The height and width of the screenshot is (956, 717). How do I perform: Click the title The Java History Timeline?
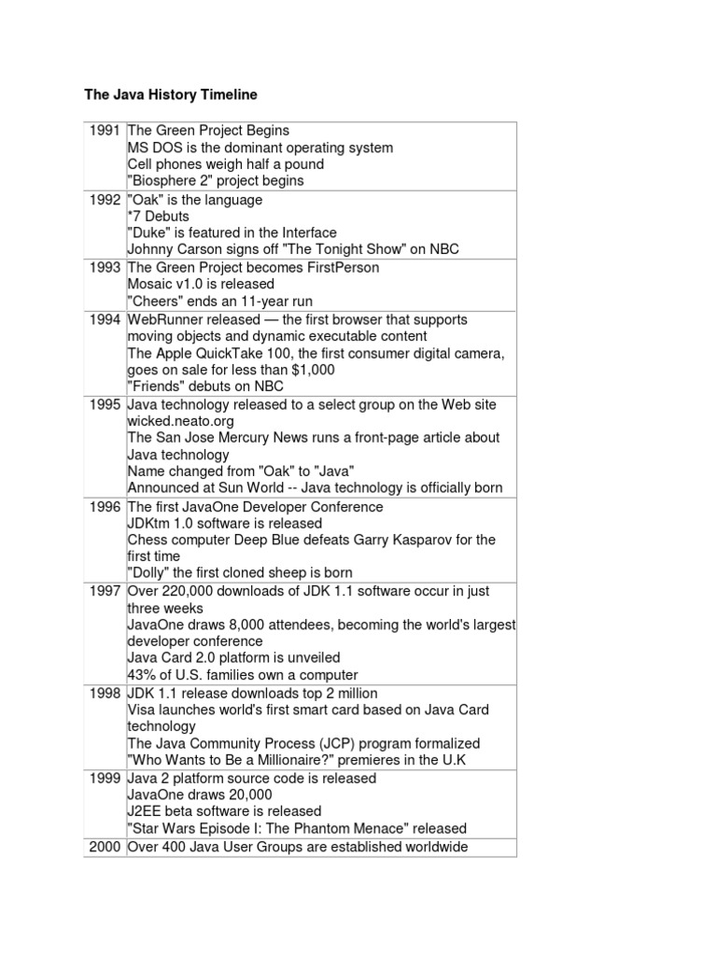[x=171, y=95]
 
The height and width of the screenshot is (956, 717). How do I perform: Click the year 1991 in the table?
[x=105, y=131]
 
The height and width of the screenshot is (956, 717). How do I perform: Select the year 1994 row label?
[x=105, y=319]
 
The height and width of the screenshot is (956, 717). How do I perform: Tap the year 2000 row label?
[x=105, y=847]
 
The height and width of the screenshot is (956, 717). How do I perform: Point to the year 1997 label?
[x=105, y=591]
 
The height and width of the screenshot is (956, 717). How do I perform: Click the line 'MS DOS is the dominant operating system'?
[x=260, y=148]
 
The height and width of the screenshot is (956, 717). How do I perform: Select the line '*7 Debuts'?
[x=158, y=217]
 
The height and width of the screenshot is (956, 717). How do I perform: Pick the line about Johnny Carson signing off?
[x=293, y=249]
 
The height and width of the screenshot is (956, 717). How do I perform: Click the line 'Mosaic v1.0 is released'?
[x=201, y=284]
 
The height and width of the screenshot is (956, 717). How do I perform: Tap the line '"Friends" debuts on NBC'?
[x=205, y=387]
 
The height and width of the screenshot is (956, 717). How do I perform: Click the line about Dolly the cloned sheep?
[x=240, y=572]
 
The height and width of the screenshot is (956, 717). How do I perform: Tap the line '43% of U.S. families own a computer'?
[x=243, y=675]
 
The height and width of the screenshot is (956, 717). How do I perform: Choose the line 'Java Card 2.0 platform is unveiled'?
[x=234, y=658]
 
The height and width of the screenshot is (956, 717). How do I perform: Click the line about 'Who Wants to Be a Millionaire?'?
[x=296, y=760]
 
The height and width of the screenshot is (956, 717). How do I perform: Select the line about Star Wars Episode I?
[x=297, y=828]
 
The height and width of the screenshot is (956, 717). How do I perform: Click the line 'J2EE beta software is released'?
[x=224, y=811]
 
